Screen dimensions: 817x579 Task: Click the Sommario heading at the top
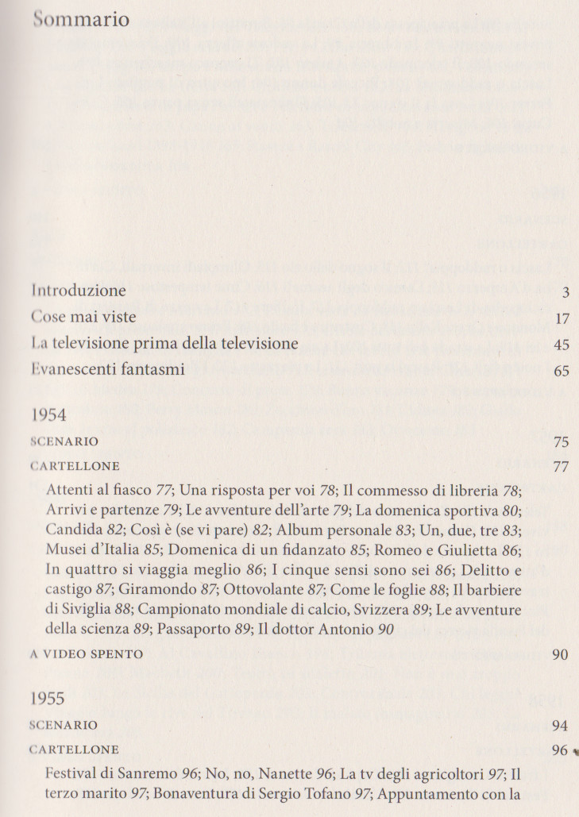point(81,19)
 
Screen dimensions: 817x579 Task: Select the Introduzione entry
point(79,291)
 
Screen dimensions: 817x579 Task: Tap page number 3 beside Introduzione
point(565,292)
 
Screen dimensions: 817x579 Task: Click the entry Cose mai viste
point(83,317)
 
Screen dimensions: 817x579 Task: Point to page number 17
point(562,318)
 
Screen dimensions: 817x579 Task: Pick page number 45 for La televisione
point(562,345)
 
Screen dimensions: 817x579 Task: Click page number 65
point(562,370)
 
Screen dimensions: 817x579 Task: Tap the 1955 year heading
point(49,700)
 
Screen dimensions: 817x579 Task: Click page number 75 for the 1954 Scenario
point(562,442)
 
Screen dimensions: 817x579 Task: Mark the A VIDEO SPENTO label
point(87,654)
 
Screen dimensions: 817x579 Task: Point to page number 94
point(562,726)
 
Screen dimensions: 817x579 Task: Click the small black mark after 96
point(574,750)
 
